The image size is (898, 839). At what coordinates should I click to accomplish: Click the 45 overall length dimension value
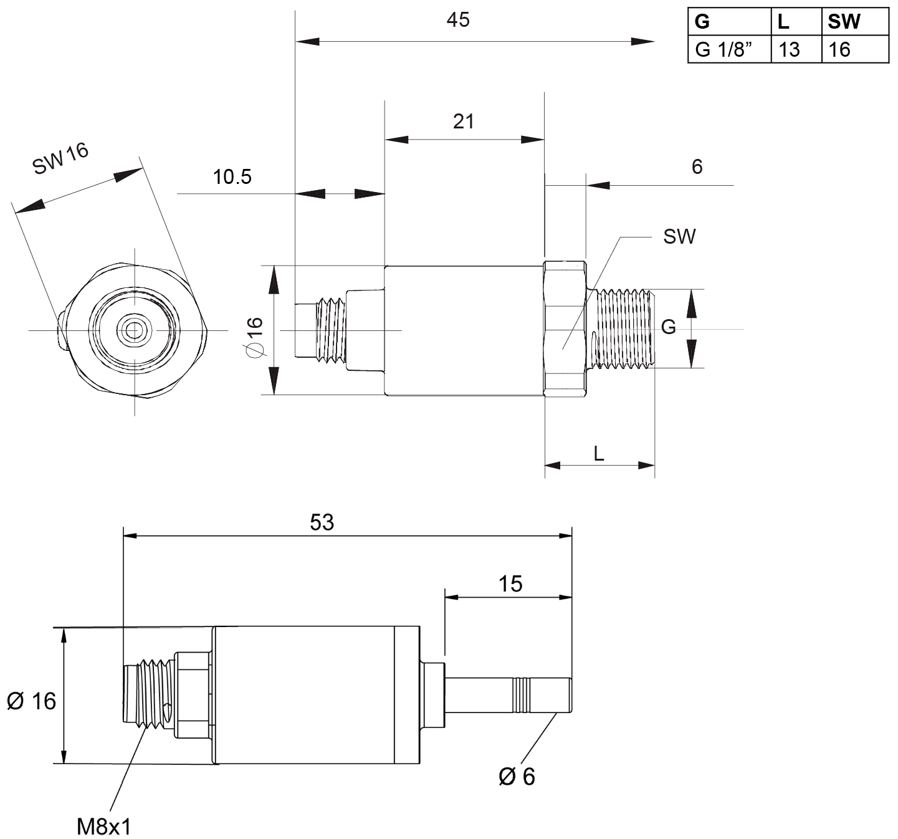(x=457, y=20)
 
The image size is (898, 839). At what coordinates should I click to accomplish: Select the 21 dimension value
(x=463, y=121)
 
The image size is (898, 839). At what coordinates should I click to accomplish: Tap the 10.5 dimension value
(x=232, y=177)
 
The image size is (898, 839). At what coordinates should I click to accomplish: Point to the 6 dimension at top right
(x=697, y=166)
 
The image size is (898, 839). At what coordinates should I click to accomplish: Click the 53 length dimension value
(x=322, y=522)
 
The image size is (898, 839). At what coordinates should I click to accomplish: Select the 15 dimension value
(x=510, y=584)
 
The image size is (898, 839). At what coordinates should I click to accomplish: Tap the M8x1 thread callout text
(x=103, y=827)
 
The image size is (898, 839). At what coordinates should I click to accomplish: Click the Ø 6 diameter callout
(x=517, y=776)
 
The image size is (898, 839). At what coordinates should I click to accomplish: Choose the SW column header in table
(x=844, y=22)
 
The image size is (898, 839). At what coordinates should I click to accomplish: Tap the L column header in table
(x=783, y=22)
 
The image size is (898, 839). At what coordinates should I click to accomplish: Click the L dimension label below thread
(x=599, y=453)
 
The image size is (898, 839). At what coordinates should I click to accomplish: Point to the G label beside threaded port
(x=668, y=327)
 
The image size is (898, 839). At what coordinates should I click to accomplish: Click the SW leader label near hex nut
(x=679, y=237)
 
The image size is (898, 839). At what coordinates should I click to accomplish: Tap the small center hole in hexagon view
(x=133, y=330)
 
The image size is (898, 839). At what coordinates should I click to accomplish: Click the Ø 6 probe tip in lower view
(x=542, y=695)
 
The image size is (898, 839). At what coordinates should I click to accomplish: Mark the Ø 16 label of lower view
(x=31, y=701)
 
